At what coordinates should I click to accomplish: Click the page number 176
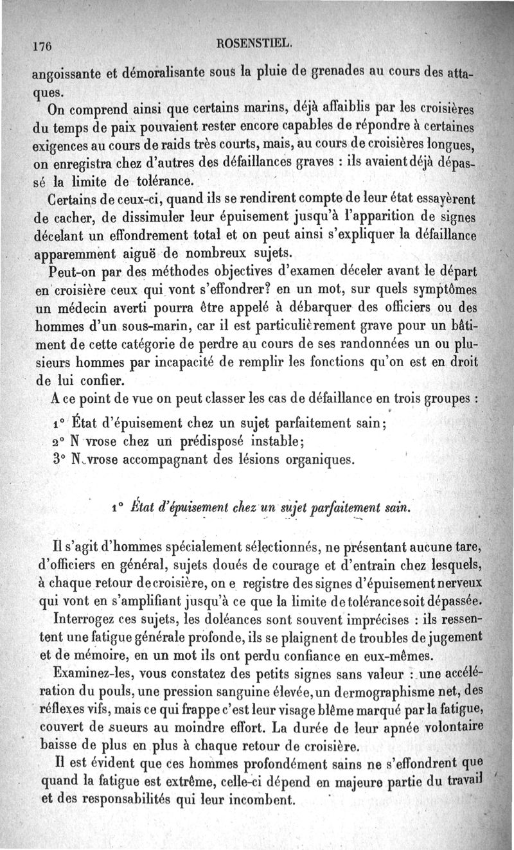[42, 46]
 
